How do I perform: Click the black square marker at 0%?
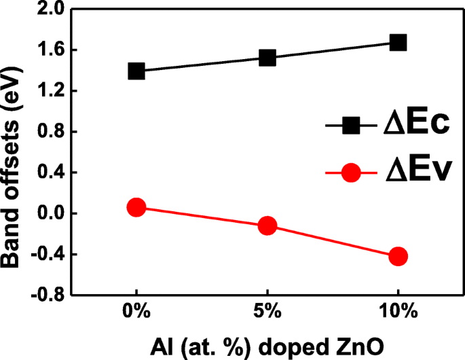(136, 71)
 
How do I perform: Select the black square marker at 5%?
(267, 58)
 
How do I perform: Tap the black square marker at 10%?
(398, 42)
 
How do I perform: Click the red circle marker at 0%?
(136, 207)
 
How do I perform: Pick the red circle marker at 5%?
(267, 226)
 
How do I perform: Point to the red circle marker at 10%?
(398, 256)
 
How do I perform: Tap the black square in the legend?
(351, 126)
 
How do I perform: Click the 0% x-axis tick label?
(136, 313)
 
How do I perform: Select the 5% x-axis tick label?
(267, 313)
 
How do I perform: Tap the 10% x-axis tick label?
(398, 313)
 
